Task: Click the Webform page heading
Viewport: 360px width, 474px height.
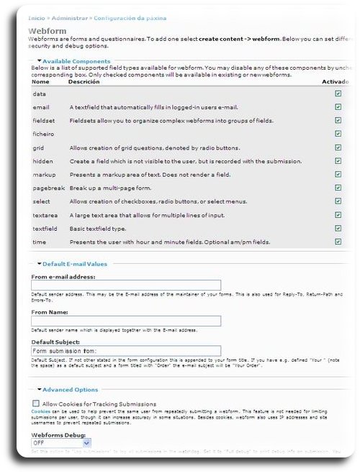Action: click(x=48, y=31)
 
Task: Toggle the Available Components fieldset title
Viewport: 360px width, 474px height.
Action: click(x=76, y=61)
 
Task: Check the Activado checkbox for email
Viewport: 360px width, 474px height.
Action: click(x=338, y=107)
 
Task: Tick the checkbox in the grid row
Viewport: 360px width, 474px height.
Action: click(x=338, y=147)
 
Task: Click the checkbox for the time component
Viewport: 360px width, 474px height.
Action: click(x=338, y=242)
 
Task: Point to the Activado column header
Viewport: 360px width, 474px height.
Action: click(x=335, y=82)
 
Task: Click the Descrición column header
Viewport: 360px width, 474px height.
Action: click(x=84, y=82)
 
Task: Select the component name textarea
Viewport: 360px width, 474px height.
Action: click(x=45, y=215)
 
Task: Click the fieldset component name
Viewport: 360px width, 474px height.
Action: click(x=43, y=121)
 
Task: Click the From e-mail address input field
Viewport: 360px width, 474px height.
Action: click(x=125, y=286)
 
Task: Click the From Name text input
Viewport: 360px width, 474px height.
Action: click(x=125, y=321)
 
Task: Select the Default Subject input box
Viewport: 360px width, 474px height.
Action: click(x=125, y=350)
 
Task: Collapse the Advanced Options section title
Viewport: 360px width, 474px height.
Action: click(x=70, y=390)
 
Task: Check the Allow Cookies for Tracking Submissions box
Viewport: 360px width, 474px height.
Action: click(x=35, y=404)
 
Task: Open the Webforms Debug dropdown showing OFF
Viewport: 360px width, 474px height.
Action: click(x=60, y=443)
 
